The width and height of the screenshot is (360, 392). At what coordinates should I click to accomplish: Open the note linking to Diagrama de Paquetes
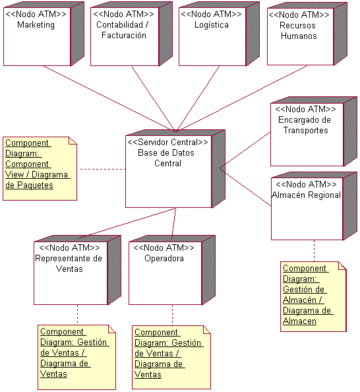tap(40, 168)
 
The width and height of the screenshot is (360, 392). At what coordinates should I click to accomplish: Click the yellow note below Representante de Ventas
tap(72, 353)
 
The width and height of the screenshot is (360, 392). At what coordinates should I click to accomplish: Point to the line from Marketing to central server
tap(92, 99)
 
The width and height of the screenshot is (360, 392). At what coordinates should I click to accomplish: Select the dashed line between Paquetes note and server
tap(102, 170)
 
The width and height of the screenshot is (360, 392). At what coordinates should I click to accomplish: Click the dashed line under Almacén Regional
tap(314, 251)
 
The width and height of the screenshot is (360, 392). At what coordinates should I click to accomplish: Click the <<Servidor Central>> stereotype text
tap(167, 142)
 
